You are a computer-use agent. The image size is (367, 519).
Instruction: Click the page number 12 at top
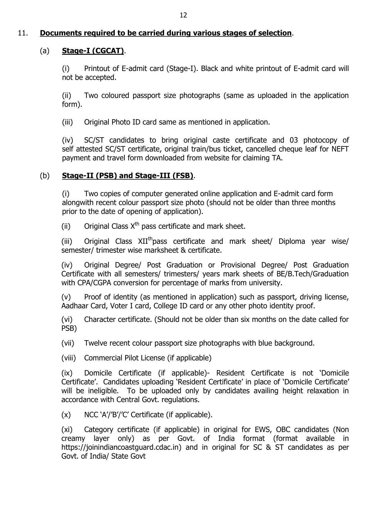coord(183,15)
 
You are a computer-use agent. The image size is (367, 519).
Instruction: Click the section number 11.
coord(23,33)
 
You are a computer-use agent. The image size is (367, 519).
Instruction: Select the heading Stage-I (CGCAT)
coord(93,51)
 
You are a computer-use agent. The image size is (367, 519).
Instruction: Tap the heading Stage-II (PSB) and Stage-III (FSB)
coord(127,176)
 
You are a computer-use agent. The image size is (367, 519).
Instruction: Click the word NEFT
coord(340,149)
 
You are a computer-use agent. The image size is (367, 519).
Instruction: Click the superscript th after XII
coord(150,238)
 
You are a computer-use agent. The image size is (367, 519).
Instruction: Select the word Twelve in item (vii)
coord(95,343)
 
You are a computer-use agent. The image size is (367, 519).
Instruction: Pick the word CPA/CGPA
coord(94,283)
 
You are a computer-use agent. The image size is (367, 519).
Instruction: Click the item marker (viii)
coord(69,358)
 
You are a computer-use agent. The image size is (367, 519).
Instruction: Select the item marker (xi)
coord(67,430)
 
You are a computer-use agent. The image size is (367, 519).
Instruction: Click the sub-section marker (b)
coord(45,176)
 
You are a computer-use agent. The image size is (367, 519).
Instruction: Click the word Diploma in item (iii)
coord(292,241)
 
